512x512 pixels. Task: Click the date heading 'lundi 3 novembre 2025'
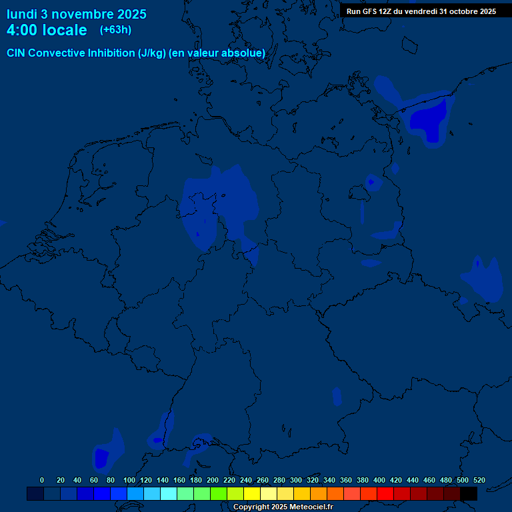click(77, 14)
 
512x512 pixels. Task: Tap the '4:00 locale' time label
click(47, 30)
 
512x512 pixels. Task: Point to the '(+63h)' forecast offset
click(115, 30)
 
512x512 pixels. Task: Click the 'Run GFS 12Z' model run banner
click(421, 11)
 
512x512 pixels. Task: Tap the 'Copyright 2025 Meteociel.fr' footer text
click(283, 507)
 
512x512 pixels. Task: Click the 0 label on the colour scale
click(42, 480)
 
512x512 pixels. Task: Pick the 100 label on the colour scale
click(129, 480)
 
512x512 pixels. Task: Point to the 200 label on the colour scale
click(213, 480)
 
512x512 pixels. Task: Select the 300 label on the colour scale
click(296, 480)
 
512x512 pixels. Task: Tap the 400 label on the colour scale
click(379, 480)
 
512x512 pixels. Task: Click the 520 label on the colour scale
click(479, 480)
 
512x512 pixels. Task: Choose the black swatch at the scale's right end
click(469, 493)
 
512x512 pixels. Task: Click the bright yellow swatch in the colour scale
click(252, 493)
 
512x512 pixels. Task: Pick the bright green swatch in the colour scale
click(219, 493)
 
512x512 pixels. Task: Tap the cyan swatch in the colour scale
click(169, 493)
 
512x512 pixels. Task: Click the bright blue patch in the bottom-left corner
click(101, 457)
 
